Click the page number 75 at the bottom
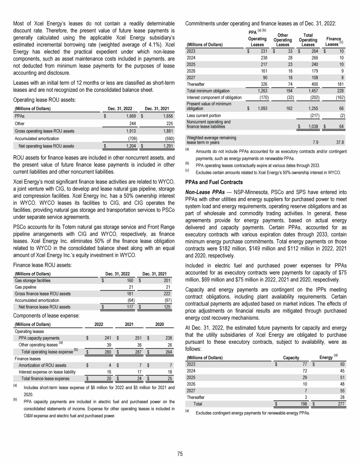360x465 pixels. [x=180, y=453]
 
